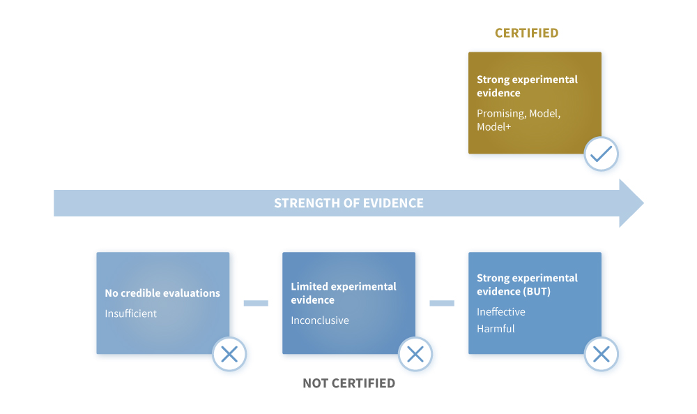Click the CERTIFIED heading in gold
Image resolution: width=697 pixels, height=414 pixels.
(526, 33)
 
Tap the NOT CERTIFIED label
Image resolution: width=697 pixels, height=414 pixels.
(348, 383)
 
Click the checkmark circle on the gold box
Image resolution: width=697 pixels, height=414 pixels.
(601, 154)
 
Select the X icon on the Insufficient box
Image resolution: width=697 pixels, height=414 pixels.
(229, 355)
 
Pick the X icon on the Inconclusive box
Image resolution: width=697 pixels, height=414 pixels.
(415, 355)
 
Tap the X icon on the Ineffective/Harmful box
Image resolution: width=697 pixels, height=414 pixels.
(601, 355)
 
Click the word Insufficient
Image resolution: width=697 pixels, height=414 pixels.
(131, 313)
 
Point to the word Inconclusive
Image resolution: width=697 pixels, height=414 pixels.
(320, 320)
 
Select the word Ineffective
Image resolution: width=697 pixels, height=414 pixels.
(501, 311)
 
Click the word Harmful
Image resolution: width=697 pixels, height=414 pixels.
(496, 329)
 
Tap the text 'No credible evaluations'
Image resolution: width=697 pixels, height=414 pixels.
(162, 293)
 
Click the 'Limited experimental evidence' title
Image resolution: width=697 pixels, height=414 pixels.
(343, 293)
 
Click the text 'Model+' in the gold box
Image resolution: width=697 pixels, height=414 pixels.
(494, 127)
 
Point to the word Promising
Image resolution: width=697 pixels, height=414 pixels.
(501, 114)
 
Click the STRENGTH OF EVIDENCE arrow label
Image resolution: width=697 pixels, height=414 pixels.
(348, 203)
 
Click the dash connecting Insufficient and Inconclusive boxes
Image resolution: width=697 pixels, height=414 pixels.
(256, 303)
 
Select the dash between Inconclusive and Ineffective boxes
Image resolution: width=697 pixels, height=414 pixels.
(442, 303)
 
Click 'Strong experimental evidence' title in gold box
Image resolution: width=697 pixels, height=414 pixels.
(527, 86)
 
